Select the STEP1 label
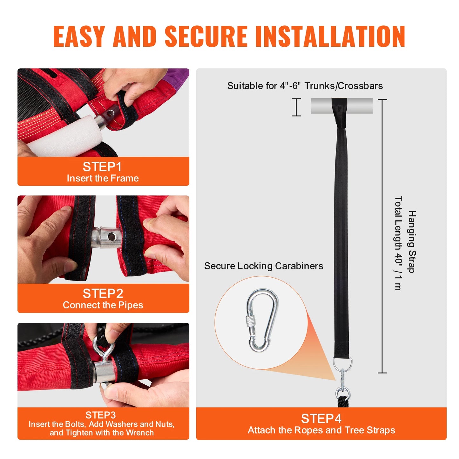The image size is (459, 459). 102,167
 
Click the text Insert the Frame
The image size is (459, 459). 103,178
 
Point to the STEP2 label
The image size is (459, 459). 103,294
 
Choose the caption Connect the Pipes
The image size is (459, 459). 103,305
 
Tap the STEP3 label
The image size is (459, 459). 100,415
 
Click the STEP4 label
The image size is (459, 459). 321,419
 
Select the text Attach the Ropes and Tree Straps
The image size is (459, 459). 321,430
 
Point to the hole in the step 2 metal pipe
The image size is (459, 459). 111,237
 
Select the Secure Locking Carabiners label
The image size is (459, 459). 263,266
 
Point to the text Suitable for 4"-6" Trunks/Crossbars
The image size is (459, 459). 305,86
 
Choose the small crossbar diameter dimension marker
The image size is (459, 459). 296,107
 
